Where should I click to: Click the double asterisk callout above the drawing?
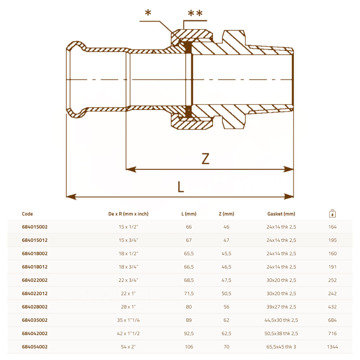(195, 13)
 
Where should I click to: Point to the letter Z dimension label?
(206, 159)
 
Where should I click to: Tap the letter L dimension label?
(181, 186)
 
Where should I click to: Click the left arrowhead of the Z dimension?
(131, 170)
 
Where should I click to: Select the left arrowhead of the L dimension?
(71, 197)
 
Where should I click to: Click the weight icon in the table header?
(332, 213)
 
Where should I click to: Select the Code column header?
(27, 214)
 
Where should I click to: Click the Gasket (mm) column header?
(281, 214)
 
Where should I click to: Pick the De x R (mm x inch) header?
(129, 214)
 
